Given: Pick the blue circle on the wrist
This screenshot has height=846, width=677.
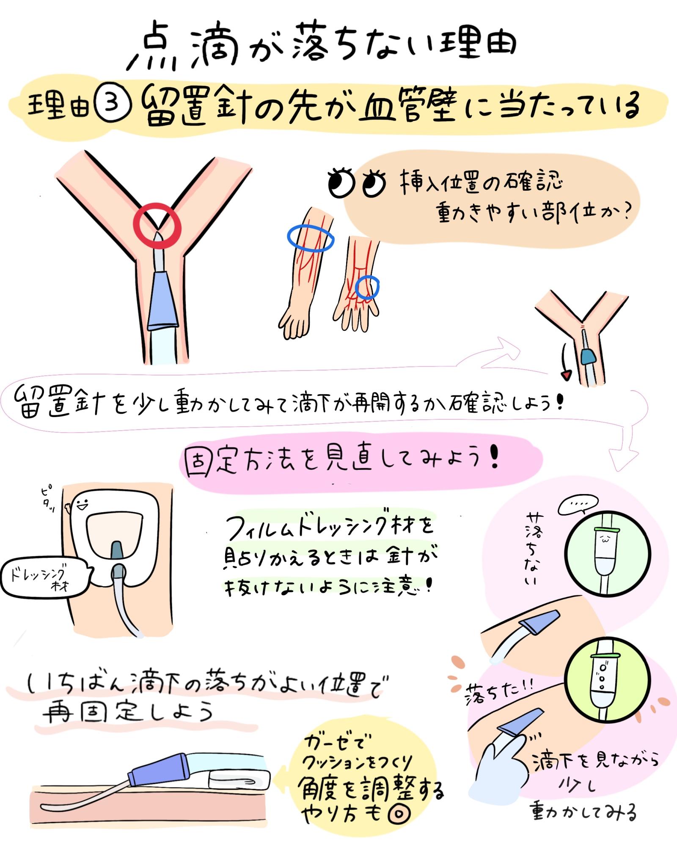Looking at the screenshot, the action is tap(357, 288).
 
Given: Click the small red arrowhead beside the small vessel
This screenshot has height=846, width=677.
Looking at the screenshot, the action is tap(566, 375).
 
